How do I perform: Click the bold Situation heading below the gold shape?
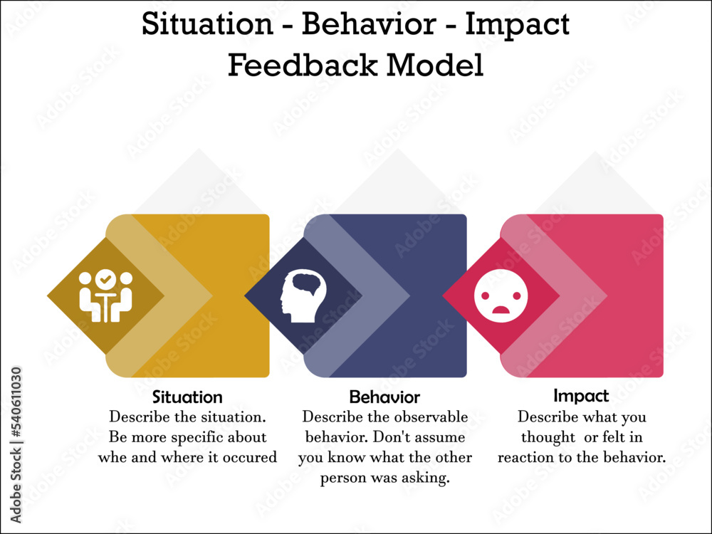[x=187, y=397]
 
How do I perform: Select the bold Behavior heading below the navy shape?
[x=384, y=397]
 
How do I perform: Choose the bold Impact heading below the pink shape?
[x=581, y=395]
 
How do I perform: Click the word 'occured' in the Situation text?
[x=249, y=457]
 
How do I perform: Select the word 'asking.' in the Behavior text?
[x=426, y=478]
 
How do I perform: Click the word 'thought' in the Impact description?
[x=548, y=437]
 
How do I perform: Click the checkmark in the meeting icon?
[x=105, y=280]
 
